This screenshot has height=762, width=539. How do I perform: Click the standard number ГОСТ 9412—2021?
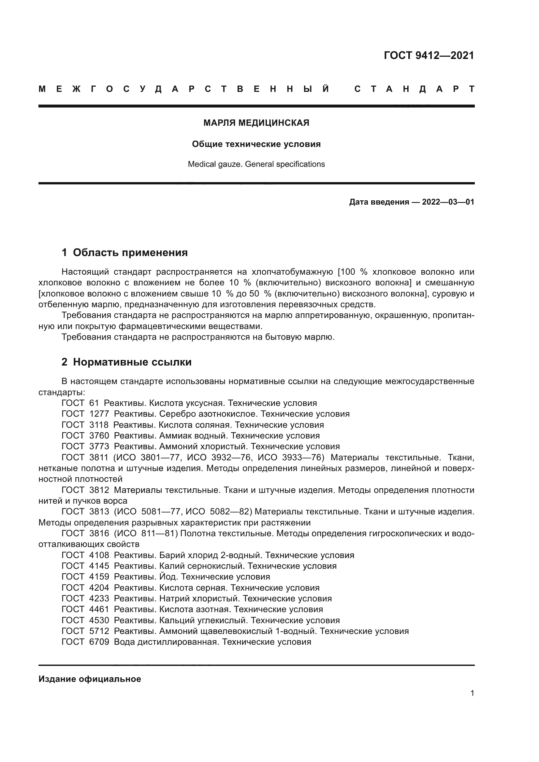tap(429, 55)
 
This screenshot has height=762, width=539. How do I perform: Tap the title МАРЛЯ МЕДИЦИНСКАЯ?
tap(256, 123)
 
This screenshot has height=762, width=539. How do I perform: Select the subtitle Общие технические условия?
tap(256, 144)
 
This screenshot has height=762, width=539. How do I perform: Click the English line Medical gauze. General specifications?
tap(256, 164)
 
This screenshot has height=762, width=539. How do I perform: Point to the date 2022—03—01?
tap(448, 202)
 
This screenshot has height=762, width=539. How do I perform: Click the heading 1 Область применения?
tap(124, 252)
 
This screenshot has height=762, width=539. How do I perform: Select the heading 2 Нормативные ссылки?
tap(126, 362)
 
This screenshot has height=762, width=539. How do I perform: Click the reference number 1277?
tap(99, 414)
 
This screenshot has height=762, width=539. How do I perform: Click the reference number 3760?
tap(99, 436)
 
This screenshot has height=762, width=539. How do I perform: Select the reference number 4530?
tap(99, 620)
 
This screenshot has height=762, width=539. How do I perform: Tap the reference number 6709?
tap(99, 642)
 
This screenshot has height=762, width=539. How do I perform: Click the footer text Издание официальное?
tap(90, 679)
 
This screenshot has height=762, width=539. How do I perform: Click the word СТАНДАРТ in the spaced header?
tap(414, 89)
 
